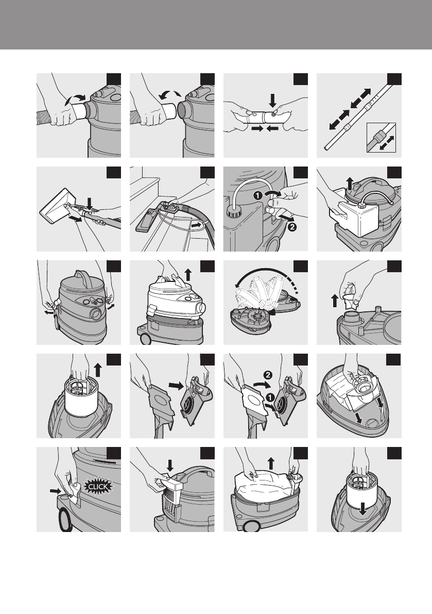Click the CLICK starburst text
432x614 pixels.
point(98,487)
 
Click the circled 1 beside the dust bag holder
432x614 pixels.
point(269,397)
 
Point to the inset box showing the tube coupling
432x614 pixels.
point(381,138)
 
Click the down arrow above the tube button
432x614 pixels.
point(273,99)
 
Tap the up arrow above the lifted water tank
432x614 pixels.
point(350,183)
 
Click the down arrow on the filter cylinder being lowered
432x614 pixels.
point(363,509)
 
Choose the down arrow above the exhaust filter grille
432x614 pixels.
point(170,466)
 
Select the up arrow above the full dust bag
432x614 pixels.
point(271,463)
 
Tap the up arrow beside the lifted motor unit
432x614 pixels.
point(188,274)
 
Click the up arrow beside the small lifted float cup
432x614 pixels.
point(334,301)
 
